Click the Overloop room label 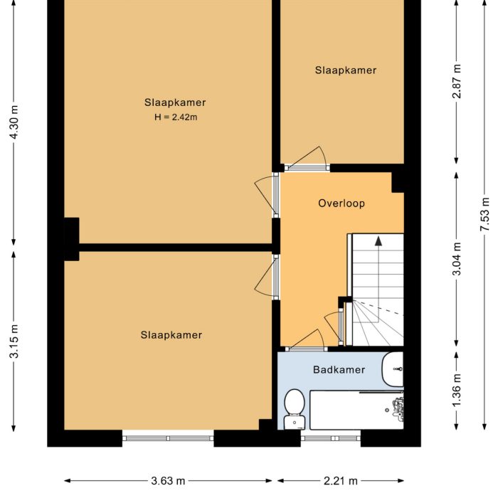coord(341,203)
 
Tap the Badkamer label coord(339,369)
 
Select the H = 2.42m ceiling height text coord(175,117)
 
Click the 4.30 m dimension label coord(14,125)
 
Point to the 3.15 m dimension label coord(14,342)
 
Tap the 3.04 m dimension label coord(457,259)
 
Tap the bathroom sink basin coord(393,369)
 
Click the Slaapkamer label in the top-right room coord(346,70)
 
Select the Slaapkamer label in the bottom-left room coord(171,334)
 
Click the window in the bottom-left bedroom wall coord(168,438)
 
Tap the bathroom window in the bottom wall coord(330,438)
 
